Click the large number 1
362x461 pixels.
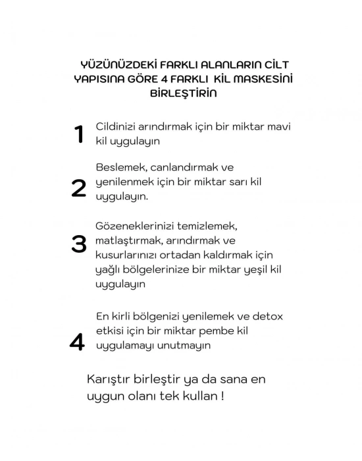(x=79, y=134)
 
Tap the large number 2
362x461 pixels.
(x=78, y=188)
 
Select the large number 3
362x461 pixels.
(x=79, y=244)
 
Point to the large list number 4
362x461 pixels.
(x=77, y=342)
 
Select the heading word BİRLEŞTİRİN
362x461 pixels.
(x=184, y=93)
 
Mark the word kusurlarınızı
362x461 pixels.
(x=128, y=254)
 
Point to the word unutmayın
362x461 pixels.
(x=186, y=345)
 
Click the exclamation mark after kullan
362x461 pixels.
(x=223, y=397)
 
